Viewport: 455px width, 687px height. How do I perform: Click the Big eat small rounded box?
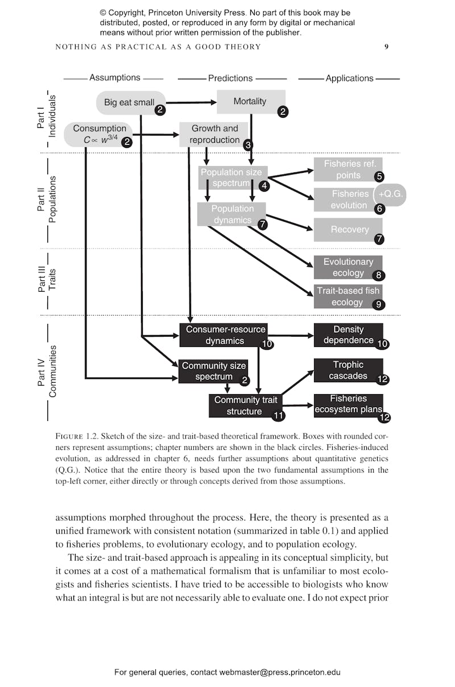(130, 102)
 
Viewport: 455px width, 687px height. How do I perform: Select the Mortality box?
(250, 101)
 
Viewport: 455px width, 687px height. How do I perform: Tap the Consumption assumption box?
(98, 134)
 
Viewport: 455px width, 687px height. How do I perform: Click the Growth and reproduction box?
(214, 134)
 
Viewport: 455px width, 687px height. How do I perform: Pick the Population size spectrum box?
(230, 177)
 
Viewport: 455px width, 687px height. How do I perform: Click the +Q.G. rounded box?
(392, 194)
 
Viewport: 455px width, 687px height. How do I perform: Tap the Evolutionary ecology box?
(348, 267)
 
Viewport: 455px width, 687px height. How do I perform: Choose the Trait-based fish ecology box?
(348, 296)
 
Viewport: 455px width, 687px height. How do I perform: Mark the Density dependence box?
(348, 335)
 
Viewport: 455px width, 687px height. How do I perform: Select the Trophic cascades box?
(348, 370)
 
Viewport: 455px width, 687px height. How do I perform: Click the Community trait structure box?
(245, 405)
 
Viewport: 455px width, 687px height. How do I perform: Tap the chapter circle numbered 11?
(278, 416)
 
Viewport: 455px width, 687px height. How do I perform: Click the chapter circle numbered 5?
(379, 177)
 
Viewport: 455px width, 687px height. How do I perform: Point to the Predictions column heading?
(230, 78)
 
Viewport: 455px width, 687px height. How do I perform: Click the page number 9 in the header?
(386, 47)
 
